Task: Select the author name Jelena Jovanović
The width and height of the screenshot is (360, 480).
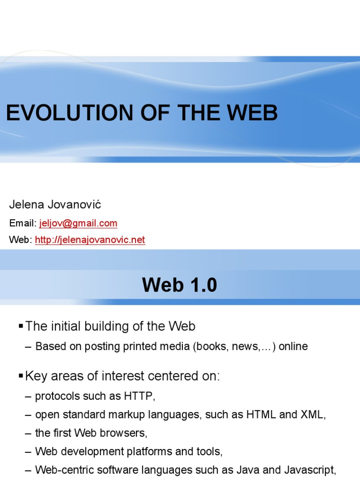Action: pyautogui.click(x=55, y=205)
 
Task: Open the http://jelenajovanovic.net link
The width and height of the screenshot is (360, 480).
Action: pyautogui.click(x=90, y=240)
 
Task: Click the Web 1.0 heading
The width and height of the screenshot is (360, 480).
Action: pyautogui.click(x=180, y=285)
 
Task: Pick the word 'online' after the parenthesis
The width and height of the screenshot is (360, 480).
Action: pyautogui.click(x=293, y=347)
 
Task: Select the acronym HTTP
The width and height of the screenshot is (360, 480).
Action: pyautogui.click(x=139, y=396)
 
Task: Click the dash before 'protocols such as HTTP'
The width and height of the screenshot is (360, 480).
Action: pyautogui.click(x=28, y=396)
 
